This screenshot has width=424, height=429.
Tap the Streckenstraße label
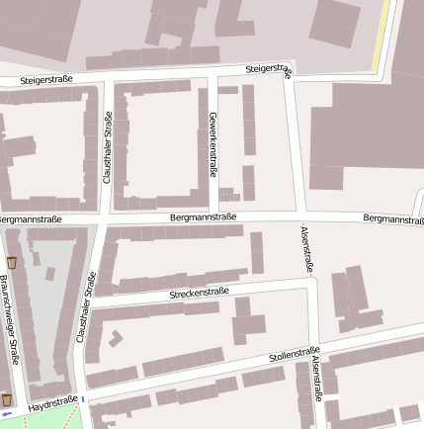[199, 293]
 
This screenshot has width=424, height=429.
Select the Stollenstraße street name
[295, 354]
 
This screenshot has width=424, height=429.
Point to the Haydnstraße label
[53, 403]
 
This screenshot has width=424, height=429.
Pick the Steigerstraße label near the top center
[269, 69]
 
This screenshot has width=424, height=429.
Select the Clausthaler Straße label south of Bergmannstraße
[87, 307]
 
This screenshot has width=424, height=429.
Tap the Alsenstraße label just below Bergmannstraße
[306, 249]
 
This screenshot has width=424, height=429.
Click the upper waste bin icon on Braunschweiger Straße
[12, 263]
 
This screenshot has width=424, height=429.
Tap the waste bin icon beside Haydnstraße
[7, 399]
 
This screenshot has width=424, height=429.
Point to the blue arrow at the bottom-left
[6, 414]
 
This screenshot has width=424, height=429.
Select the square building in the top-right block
[335, 22]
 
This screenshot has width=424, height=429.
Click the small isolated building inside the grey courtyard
[48, 273]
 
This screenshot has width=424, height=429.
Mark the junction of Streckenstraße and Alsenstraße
[312, 282]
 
